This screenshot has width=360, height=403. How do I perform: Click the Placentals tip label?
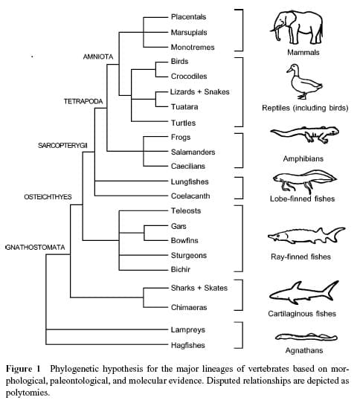pos(188,17)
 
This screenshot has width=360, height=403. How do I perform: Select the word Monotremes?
pos(193,48)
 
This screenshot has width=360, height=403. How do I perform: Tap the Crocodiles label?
pos(189,77)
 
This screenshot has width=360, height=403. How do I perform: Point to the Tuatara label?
pos(184,106)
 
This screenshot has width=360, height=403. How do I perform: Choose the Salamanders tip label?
pos(193,152)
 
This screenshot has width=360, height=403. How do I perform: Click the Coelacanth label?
pos(190,196)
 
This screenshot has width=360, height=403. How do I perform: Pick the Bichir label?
pos(181,269)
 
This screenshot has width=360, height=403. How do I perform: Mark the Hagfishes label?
pos(188,345)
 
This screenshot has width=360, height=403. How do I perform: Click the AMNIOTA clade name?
pos(98,57)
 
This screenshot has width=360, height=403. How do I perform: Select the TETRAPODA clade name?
pos(83,102)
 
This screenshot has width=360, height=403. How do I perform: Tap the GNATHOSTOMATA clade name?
pos(35,248)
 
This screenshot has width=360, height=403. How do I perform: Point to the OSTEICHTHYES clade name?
pos(48,197)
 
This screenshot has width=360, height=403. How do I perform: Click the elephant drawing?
pos(297,27)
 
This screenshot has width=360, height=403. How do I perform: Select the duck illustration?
pos(304,82)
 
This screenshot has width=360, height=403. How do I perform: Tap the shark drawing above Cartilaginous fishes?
pos(304,293)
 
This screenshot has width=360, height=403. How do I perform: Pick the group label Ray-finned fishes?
pos(300,257)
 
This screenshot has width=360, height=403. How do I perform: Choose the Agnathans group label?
pos(304,350)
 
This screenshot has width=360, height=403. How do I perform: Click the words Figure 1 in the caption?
pos(23,369)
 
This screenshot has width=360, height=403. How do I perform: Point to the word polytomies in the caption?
pos(27,393)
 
